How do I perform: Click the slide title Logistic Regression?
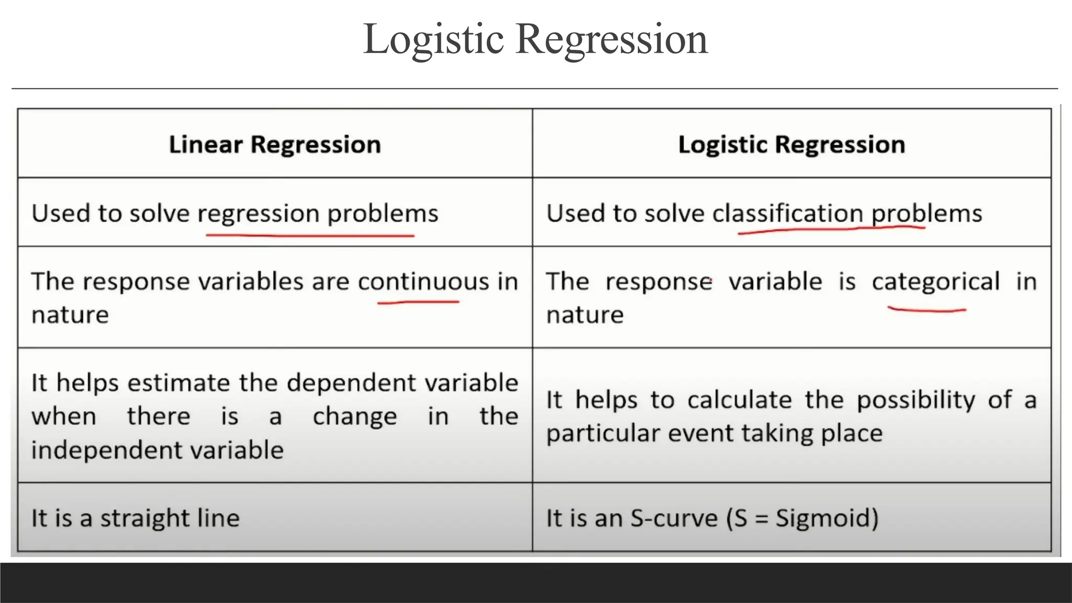click(535, 40)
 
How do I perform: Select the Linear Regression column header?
click(275, 144)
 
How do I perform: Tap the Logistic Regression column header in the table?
click(791, 144)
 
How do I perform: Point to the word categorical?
click(935, 282)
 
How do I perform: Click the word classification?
click(787, 214)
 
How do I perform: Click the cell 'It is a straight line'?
click(136, 518)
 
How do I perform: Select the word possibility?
click(915, 400)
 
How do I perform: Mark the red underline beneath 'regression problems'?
click(310, 236)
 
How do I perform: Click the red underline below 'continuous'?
click(418, 302)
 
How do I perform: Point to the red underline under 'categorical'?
click(926, 310)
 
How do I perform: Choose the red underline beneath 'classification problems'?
click(831, 229)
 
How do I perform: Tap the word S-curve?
click(674, 518)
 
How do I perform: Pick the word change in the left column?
click(355, 417)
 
